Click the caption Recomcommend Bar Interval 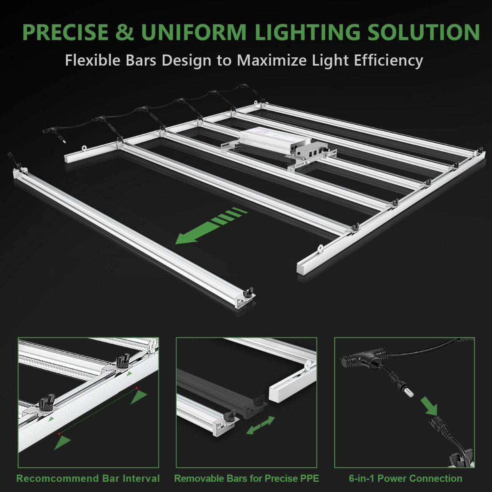click(x=88, y=478)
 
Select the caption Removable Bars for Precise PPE click(x=246, y=478)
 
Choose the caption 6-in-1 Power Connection click(x=405, y=478)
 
